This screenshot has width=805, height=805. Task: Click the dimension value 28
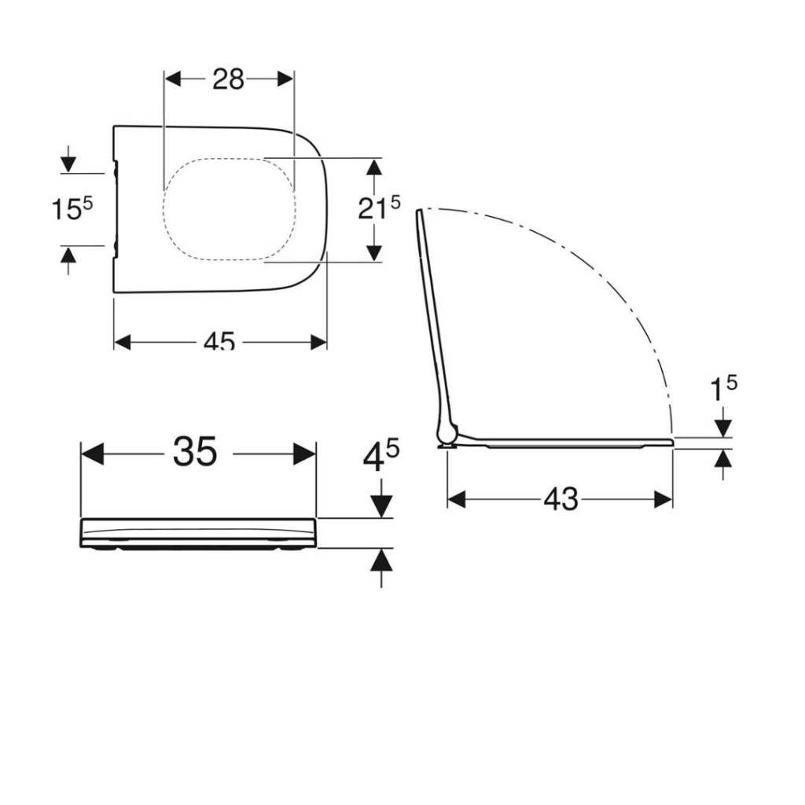228,79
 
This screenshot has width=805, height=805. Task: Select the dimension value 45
219,341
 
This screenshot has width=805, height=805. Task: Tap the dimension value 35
196,452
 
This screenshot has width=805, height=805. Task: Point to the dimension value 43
561,498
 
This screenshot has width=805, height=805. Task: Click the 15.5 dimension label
72,209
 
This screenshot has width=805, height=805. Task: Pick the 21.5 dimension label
378,208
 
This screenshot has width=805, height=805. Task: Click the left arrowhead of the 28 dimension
172,79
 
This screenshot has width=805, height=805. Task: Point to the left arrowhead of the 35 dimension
92,454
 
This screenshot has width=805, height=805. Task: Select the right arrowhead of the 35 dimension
305,454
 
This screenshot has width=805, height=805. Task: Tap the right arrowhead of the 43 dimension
663,499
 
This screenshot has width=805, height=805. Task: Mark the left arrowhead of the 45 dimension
123,341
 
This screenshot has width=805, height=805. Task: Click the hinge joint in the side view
447,432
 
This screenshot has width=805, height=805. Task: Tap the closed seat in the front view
198,532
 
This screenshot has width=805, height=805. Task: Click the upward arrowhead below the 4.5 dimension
381,559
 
